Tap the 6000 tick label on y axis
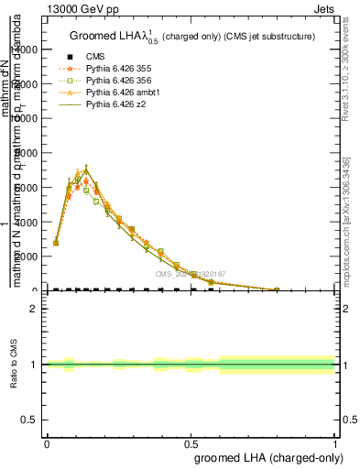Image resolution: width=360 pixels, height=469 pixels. click(x=27, y=187)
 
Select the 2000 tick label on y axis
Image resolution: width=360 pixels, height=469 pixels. click(x=27, y=256)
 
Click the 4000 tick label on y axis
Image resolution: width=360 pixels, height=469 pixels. click(x=27, y=222)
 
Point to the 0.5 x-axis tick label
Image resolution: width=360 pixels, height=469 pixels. click(x=191, y=442)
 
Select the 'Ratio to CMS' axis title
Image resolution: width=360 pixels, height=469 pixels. click(x=15, y=365)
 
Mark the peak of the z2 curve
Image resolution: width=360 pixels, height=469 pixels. click(x=86, y=170)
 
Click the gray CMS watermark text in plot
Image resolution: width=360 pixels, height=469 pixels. click(x=190, y=274)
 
